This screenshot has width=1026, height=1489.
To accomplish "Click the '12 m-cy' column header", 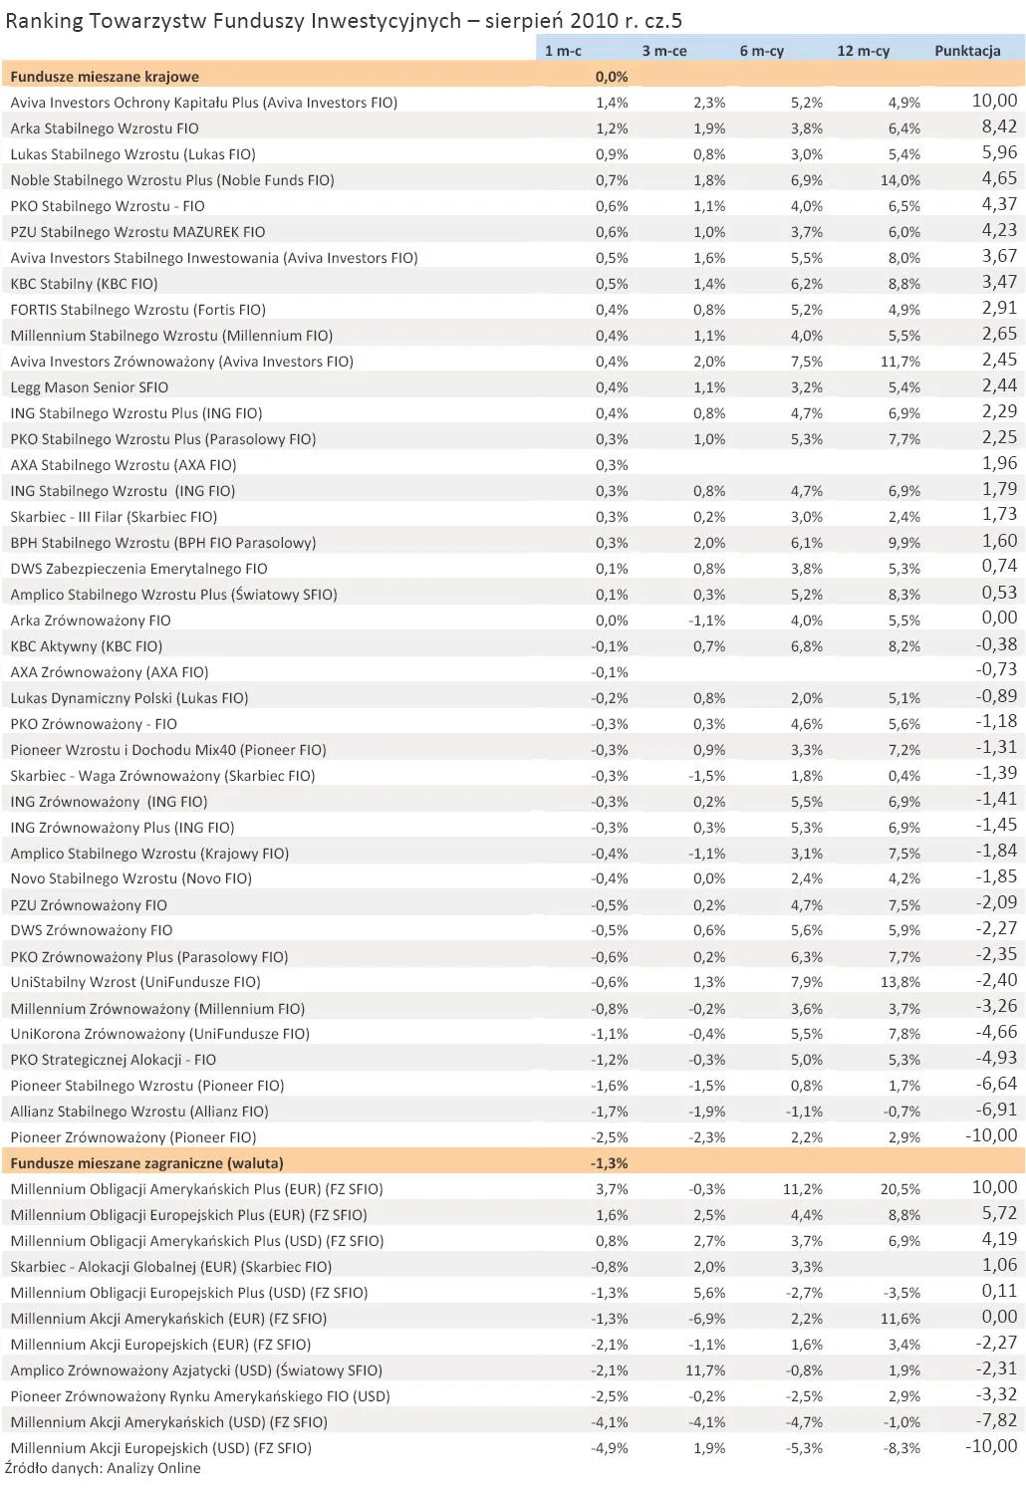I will pyautogui.click(x=863, y=51).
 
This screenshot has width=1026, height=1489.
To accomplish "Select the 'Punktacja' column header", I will pyautogui.click(x=966, y=51).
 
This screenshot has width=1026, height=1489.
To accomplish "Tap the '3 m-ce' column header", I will pyautogui.click(x=663, y=51).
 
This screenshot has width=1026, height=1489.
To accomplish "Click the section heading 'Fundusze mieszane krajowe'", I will pyautogui.click(x=105, y=77).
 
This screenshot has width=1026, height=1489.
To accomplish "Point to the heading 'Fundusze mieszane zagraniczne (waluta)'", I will pyautogui.click(x=146, y=1163).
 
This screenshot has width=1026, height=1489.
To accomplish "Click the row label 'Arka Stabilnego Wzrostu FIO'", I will pyautogui.click(x=105, y=128).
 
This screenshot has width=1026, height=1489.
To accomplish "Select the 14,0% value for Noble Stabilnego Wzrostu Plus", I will pyautogui.click(x=899, y=180).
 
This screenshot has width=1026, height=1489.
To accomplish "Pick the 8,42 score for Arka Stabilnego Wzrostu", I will pyautogui.click(x=999, y=126).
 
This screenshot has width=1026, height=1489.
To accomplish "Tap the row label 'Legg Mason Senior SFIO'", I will pyautogui.click(x=90, y=387).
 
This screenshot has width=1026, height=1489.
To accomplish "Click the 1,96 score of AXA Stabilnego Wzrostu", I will pyautogui.click(x=999, y=463).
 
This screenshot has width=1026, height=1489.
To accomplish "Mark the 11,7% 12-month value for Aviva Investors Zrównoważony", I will pyautogui.click(x=899, y=362).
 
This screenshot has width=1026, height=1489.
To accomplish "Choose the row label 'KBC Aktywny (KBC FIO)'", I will pyautogui.click(x=87, y=646).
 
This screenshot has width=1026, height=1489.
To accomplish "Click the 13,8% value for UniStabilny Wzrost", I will pyautogui.click(x=899, y=982).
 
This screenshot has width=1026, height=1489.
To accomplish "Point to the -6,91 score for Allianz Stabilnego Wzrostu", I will pyautogui.click(x=996, y=1110).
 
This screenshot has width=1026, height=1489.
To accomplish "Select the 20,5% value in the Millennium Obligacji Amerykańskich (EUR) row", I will pyautogui.click(x=899, y=1189).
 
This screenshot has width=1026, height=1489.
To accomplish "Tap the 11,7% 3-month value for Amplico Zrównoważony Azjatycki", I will pyautogui.click(x=707, y=1370).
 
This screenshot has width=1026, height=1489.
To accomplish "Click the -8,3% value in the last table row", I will pyautogui.click(x=901, y=1448).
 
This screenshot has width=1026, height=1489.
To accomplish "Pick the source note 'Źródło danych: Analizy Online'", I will pyautogui.click(x=103, y=1468).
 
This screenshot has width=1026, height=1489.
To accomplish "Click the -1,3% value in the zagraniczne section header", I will pyautogui.click(x=609, y=1163).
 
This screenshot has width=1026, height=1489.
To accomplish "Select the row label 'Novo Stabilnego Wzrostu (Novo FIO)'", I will pyautogui.click(x=130, y=878).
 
